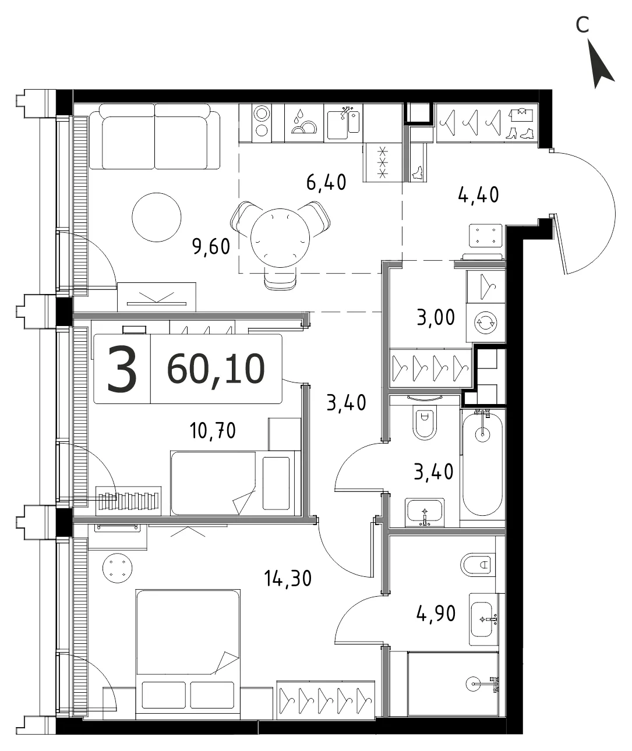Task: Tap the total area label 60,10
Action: point(216,369)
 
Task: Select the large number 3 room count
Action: point(122,368)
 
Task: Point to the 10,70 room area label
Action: point(213,431)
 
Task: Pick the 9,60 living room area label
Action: point(211,247)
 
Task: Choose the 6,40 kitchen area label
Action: point(326,182)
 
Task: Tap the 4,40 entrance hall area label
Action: point(478,195)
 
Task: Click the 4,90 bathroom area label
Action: point(436,614)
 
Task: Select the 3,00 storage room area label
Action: point(436,317)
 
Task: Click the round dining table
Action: point(280,238)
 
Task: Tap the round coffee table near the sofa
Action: point(157,217)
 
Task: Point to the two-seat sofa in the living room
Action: point(154,136)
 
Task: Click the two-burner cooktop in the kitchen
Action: point(262,123)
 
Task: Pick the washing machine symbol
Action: point(486,323)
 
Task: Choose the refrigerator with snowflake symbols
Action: point(383,162)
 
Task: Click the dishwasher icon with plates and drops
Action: point(304,123)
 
